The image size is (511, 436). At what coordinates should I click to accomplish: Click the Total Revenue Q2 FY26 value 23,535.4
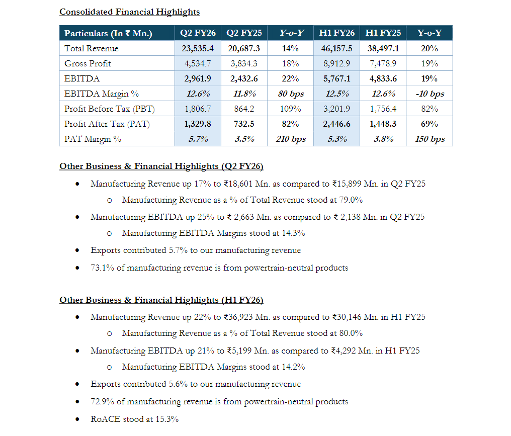click(x=198, y=48)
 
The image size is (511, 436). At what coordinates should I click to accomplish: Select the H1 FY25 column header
click(x=383, y=33)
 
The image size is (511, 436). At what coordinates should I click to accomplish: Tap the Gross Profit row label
click(x=88, y=63)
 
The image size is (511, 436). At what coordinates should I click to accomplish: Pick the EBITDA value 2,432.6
click(x=244, y=78)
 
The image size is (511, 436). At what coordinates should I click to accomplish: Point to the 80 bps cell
click(x=290, y=94)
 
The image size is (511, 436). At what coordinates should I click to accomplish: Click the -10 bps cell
click(x=429, y=94)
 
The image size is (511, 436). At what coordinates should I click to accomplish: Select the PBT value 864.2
click(x=244, y=109)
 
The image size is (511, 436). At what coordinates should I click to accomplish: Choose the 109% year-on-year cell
click(x=290, y=109)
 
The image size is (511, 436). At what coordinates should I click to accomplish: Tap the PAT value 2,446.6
click(x=336, y=124)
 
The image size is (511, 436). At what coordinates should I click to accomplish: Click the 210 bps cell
click(x=290, y=139)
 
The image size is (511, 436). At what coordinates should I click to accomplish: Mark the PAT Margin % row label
click(x=93, y=139)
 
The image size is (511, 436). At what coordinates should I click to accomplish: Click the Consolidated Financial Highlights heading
click(x=129, y=12)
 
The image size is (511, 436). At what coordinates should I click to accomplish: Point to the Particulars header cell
click(x=108, y=34)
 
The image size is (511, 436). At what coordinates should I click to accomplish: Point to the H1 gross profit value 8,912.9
click(x=336, y=63)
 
